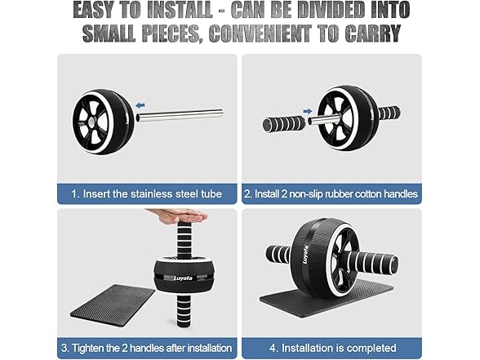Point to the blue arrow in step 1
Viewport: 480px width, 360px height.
point(141,104)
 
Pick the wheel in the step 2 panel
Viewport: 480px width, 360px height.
point(346,118)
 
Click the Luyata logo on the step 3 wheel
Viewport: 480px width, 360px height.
point(182,277)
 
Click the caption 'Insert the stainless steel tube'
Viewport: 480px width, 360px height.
point(147,194)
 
